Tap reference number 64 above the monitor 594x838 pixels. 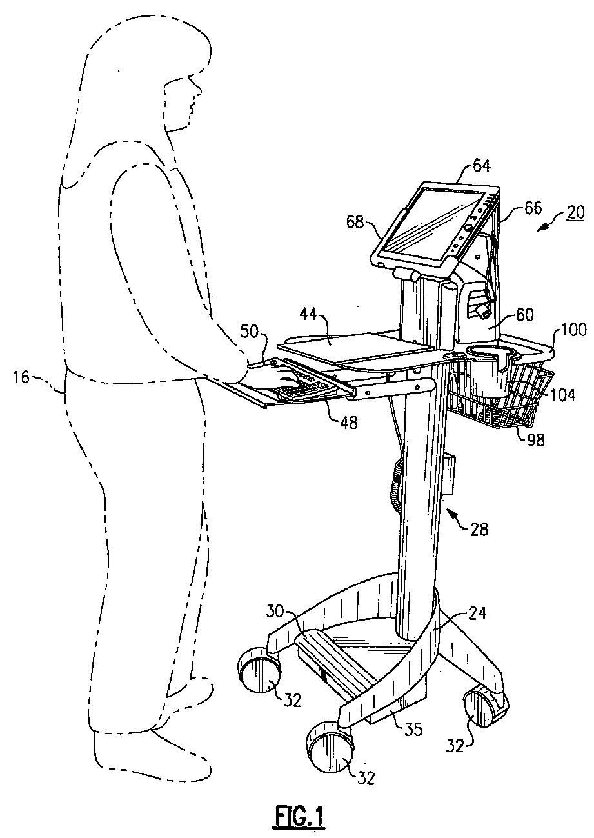click(x=480, y=166)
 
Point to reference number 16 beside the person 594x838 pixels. click(x=23, y=377)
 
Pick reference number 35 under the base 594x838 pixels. click(x=413, y=729)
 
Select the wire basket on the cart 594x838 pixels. click(x=500, y=397)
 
